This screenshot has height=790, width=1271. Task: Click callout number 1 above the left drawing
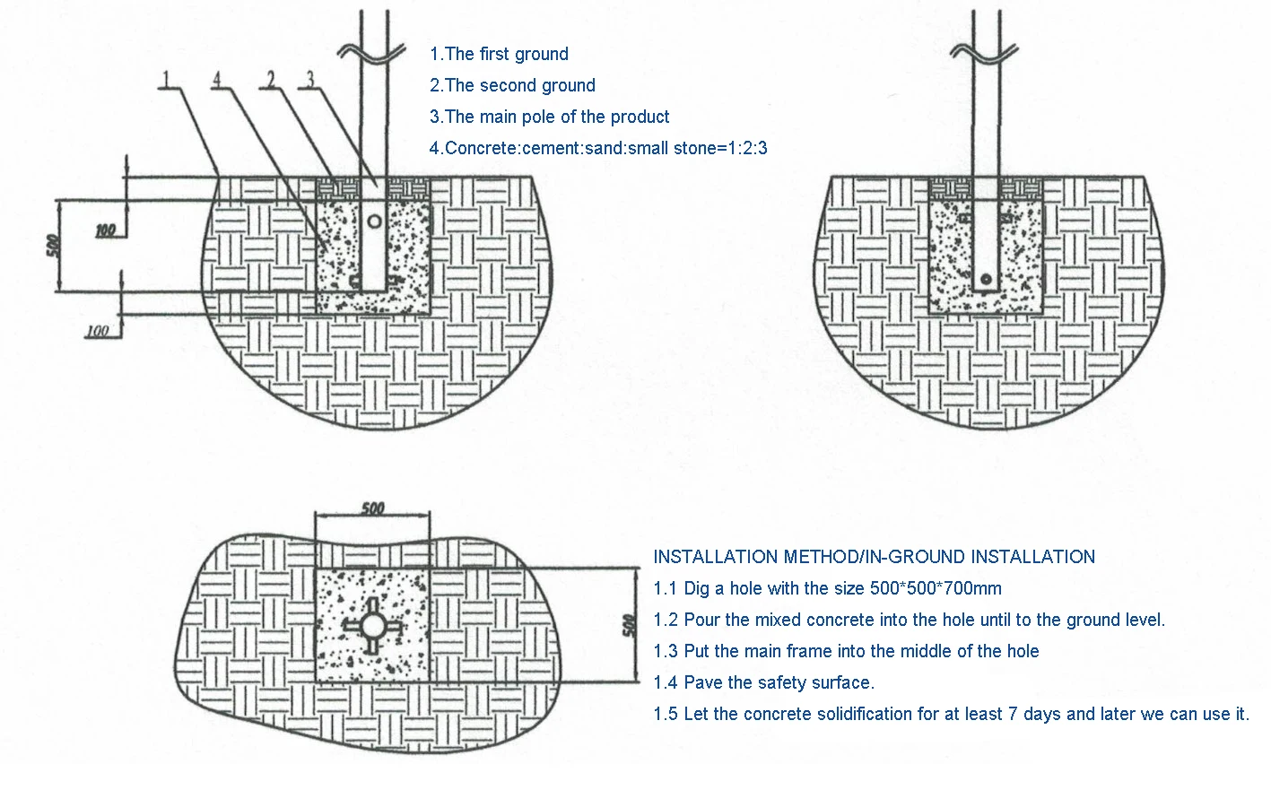(x=166, y=79)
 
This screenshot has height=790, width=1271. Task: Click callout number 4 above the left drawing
(x=216, y=79)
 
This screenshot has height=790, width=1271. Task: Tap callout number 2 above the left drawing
(x=271, y=79)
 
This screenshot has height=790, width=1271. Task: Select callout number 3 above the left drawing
(x=310, y=79)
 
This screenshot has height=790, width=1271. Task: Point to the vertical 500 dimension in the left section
(x=53, y=245)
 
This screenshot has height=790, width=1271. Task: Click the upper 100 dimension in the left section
(x=106, y=230)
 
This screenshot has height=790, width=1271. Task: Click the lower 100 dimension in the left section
(x=97, y=331)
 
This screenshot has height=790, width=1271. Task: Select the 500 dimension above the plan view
(x=372, y=508)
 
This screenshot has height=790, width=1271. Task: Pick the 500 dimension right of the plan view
(x=629, y=625)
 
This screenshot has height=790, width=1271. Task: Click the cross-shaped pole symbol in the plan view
(x=373, y=625)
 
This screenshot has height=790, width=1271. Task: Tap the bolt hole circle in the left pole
(x=374, y=221)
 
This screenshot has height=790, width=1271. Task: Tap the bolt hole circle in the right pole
(x=987, y=278)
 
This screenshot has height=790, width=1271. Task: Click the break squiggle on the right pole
(x=984, y=51)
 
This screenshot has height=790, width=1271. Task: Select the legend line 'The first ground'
(x=499, y=54)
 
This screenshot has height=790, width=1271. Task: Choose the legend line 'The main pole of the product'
(x=549, y=117)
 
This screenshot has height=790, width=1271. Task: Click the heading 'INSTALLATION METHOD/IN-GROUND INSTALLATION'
(x=874, y=557)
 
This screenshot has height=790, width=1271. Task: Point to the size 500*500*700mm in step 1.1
(x=936, y=588)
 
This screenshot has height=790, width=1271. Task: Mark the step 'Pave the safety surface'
(x=763, y=682)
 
